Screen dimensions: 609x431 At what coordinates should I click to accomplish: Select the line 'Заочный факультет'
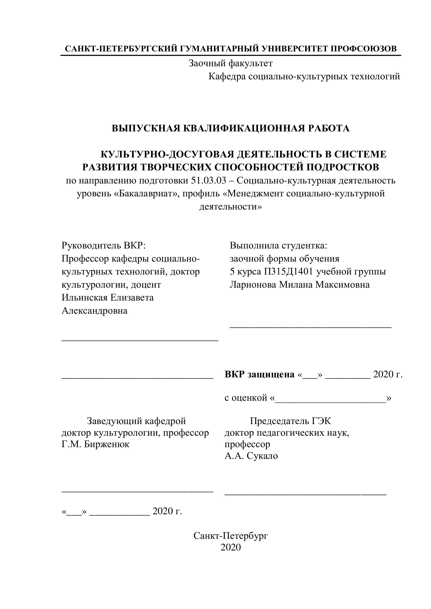point(230,63)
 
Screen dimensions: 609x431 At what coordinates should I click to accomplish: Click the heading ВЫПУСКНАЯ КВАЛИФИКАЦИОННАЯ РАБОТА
point(230,128)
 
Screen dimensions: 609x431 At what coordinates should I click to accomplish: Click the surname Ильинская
point(84,298)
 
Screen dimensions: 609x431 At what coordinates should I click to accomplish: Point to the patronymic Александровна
point(94,311)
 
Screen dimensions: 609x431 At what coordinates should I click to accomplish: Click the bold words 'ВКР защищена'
point(259,374)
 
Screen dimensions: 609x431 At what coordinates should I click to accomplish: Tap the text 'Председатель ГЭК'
point(290,421)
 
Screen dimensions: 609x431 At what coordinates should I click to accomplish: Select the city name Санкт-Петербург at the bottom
point(230,536)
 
